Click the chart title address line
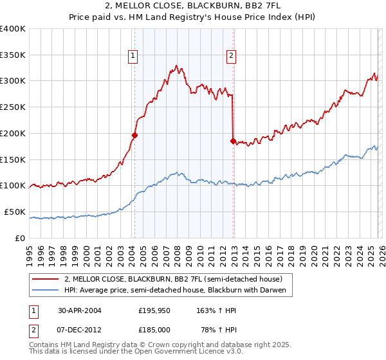point(193,6)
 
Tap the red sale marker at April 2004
point(134,135)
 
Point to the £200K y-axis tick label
point(13,133)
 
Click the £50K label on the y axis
point(15,212)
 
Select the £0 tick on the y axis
point(21,238)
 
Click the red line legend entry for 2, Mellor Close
point(172,279)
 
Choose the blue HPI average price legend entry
point(178,290)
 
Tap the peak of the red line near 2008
point(176,66)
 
